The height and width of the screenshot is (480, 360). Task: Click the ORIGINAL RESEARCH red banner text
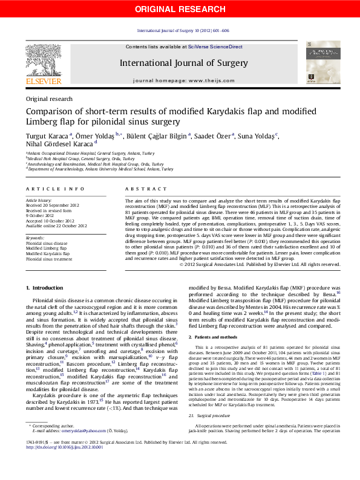tap(180, 9)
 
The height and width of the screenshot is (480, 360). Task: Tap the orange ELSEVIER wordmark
tap(43, 81)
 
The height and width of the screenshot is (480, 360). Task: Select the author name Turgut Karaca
tap(47, 136)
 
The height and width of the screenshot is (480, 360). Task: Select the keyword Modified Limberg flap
tap(46, 248)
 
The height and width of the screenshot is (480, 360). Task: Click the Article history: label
tap(39, 199)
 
